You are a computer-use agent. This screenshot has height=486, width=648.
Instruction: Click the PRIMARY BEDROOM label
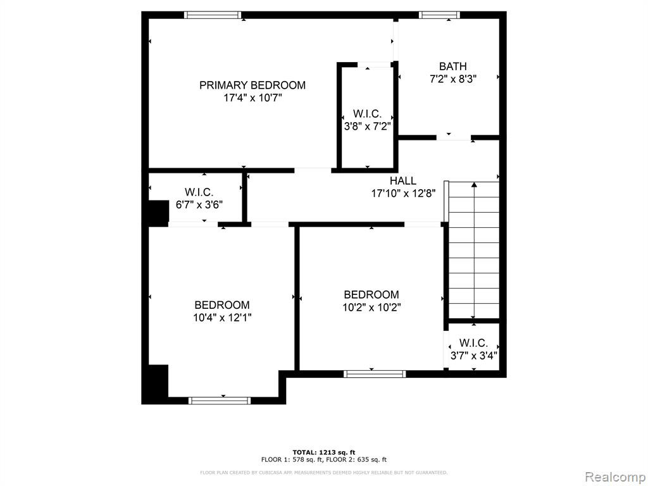[x=252, y=85]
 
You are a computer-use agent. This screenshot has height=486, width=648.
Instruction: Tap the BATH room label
[x=453, y=66]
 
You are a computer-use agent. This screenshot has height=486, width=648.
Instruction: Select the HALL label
[x=403, y=180]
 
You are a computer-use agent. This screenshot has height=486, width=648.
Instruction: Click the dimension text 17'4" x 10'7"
[x=252, y=98]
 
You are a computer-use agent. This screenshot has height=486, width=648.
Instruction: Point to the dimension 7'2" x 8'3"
[x=453, y=79]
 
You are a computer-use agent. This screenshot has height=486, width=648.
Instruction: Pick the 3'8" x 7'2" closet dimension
[x=368, y=126]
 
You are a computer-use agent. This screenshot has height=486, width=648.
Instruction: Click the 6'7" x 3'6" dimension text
[x=199, y=204]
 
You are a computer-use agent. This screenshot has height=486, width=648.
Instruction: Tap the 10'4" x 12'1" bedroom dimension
[x=222, y=318]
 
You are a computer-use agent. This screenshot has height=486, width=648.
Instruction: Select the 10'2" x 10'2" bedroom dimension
[x=371, y=308]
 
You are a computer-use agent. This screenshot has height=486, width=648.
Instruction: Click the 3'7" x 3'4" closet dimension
[x=473, y=356]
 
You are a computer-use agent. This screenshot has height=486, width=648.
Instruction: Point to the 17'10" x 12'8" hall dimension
[x=403, y=194]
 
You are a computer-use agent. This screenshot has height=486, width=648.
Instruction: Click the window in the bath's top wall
[x=439, y=15]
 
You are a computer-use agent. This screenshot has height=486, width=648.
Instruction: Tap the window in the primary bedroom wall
[x=213, y=15]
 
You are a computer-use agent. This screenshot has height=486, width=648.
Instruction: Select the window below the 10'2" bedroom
[x=375, y=374]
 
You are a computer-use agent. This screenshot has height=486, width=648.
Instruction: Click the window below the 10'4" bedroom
[x=220, y=401]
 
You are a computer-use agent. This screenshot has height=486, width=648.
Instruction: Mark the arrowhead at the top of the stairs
[x=474, y=184]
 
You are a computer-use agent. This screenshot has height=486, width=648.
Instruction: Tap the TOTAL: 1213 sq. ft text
[x=324, y=452]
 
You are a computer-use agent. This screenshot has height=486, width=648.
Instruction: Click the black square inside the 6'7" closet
[x=158, y=213]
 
